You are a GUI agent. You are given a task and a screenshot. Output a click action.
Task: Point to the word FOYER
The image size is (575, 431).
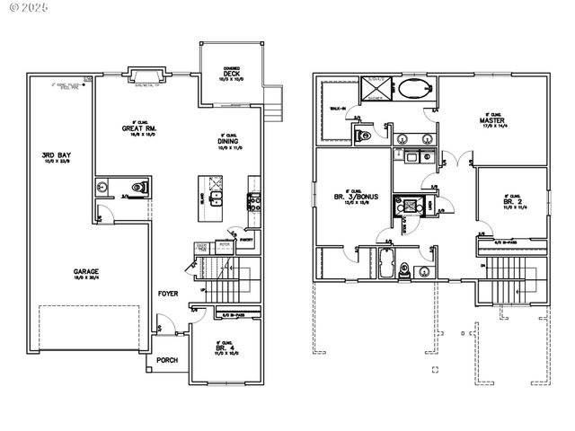point(168,294)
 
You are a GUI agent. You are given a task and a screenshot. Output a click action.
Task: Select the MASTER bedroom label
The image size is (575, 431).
point(491,120)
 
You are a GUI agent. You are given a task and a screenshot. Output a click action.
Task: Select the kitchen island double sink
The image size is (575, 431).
point(217,198)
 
